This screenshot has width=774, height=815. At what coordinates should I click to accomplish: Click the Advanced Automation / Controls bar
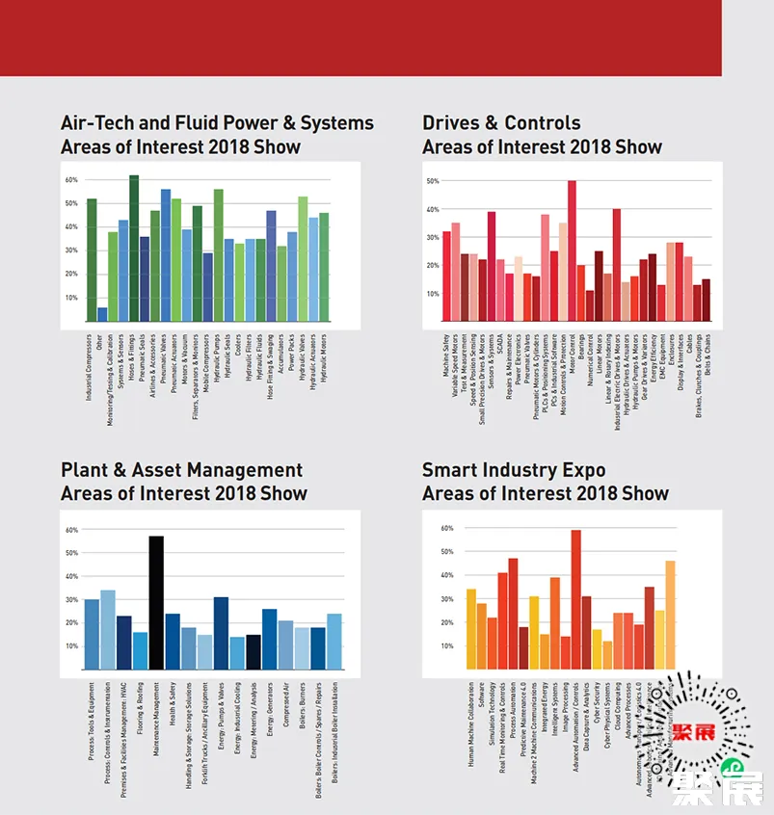pyautogui.click(x=575, y=599)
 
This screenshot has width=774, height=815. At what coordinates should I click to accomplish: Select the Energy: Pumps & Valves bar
pyautogui.click(x=221, y=633)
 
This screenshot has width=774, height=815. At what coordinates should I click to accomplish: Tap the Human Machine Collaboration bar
pyautogui.click(x=471, y=629)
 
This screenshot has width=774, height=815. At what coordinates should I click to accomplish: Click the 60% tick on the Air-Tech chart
pyautogui.click(x=71, y=180)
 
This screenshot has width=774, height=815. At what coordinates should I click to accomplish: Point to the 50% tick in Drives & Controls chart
pyautogui.click(x=433, y=181)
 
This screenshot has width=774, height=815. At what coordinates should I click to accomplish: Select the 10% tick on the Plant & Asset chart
pyautogui.click(x=71, y=645)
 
